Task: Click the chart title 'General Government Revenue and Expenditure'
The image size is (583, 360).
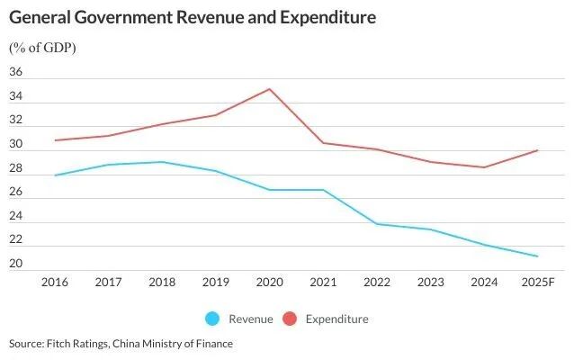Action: (x=193, y=17)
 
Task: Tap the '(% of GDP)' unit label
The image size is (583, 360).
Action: (x=42, y=48)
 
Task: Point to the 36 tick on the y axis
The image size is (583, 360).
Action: (x=16, y=73)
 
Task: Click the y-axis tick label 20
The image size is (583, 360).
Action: (x=16, y=265)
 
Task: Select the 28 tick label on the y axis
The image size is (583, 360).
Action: (x=16, y=169)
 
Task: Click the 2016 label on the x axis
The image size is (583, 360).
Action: (x=56, y=282)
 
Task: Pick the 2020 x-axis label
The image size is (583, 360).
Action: (x=270, y=282)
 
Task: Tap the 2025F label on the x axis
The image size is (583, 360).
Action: (x=538, y=282)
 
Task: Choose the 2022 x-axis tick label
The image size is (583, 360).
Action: (x=377, y=282)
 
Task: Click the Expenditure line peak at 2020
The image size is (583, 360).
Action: (x=270, y=89)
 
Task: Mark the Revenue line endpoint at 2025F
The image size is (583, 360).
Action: (x=538, y=256)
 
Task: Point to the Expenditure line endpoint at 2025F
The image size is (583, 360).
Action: (x=538, y=150)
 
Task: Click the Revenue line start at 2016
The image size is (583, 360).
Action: (x=56, y=175)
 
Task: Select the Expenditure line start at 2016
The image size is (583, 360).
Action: (x=56, y=140)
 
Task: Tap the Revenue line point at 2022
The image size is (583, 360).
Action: (x=377, y=224)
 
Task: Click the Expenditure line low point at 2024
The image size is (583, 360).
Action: (x=484, y=167)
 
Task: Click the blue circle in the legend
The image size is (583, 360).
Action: (x=213, y=319)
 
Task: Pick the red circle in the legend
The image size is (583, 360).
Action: (x=291, y=319)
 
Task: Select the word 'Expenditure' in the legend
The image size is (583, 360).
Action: (x=336, y=319)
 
